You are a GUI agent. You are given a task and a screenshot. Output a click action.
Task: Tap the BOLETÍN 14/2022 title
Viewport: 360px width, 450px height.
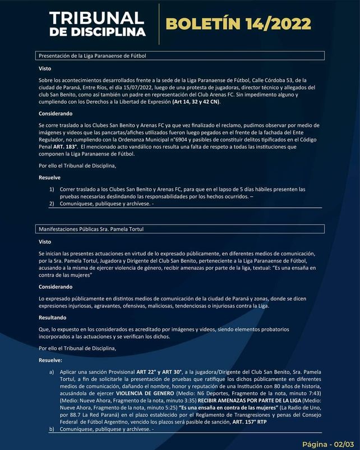click(x=238, y=24)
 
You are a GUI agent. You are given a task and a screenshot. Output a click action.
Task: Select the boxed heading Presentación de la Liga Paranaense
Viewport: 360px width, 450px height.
click(x=93, y=56)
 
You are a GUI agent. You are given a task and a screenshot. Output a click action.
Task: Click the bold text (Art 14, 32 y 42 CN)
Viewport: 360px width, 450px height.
click(x=196, y=102)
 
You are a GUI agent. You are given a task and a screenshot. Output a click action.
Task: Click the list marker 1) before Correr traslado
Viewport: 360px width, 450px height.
click(x=52, y=189)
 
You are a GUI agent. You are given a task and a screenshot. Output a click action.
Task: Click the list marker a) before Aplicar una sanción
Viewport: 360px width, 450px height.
click(x=52, y=371)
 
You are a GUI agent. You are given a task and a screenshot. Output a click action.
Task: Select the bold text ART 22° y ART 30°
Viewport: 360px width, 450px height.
click(x=161, y=371)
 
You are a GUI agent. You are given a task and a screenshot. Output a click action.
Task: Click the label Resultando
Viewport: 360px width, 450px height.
click(x=53, y=317)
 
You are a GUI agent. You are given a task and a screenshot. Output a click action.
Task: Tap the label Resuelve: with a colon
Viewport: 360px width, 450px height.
click(x=50, y=360)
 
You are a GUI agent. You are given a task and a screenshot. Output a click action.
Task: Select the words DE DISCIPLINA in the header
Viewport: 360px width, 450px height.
click(x=97, y=32)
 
